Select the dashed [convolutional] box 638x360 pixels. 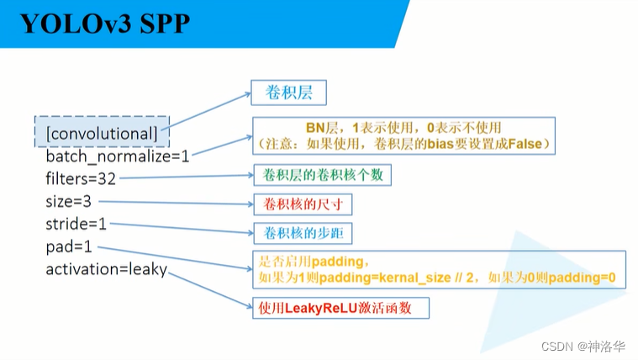point(102,132)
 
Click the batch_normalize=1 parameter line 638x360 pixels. point(118,156)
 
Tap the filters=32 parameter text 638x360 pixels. point(81,178)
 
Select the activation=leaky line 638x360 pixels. point(106,269)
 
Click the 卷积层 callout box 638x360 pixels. point(287,93)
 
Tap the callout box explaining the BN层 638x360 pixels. point(404,135)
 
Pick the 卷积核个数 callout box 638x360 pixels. point(322,175)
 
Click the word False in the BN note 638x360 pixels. point(527,145)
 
